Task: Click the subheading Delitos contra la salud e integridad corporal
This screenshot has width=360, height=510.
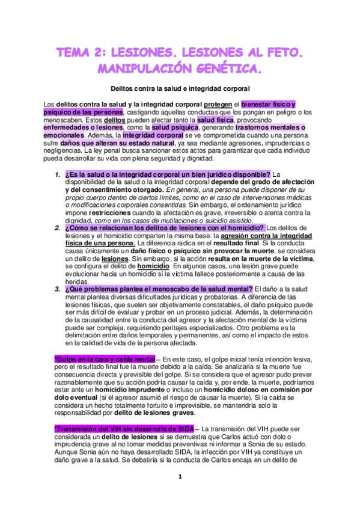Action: [180, 88]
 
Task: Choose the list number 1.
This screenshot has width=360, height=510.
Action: [56, 175]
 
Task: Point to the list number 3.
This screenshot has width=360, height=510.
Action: [56, 289]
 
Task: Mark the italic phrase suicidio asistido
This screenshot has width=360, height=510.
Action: [243, 220]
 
